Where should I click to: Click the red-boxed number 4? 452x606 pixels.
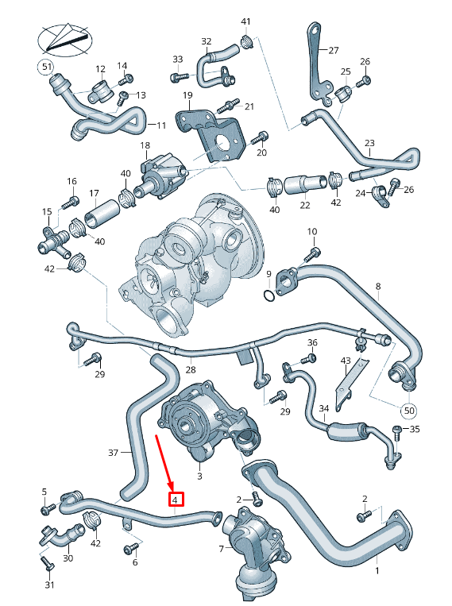(176, 500)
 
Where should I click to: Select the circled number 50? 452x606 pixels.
(408, 411)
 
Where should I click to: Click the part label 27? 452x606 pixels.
(334, 48)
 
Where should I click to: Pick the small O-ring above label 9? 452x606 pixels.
(270, 296)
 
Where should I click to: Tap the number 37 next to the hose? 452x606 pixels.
(113, 453)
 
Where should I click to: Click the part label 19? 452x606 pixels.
(187, 96)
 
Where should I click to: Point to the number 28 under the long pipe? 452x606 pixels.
(191, 369)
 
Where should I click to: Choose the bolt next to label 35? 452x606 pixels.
(396, 431)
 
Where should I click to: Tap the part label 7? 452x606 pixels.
(222, 548)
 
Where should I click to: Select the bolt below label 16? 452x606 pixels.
(72, 200)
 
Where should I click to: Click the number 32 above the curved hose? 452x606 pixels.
(207, 41)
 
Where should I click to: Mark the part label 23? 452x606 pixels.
(369, 144)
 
